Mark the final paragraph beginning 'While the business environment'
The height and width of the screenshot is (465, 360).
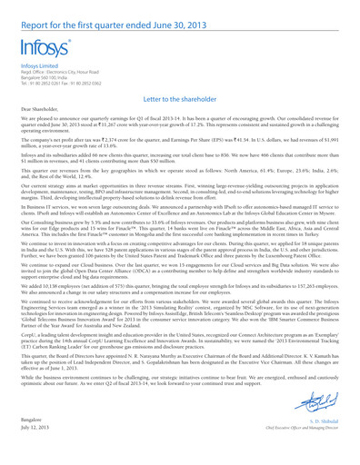[180, 418]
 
